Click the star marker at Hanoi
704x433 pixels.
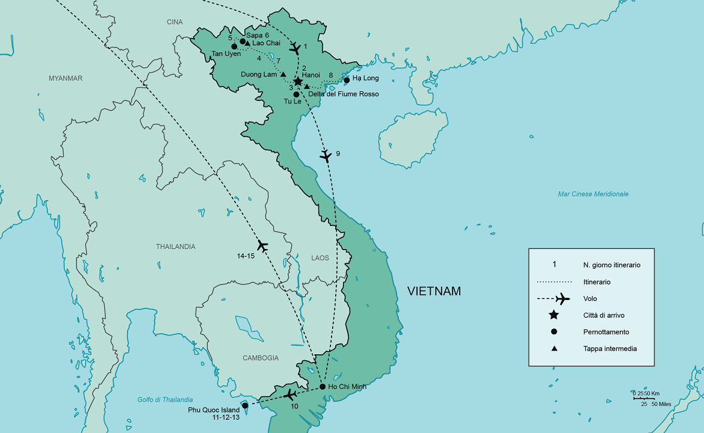pyautogui.click(x=297, y=81)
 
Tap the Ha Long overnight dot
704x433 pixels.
pyautogui.click(x=347, y=80)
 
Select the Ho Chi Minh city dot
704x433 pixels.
pyautogui.click(x=323, y=386)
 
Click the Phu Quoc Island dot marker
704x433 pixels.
pyautogui.click(x=245, y=405)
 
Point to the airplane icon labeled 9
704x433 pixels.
pyautogui.click(x=326, y=156)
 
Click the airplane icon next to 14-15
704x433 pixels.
pyautogui.click(x=262, y=245)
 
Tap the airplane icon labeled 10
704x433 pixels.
pyautogui.click(x=290, y=395)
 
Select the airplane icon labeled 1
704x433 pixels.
pyautogui.click(x=295, y=49)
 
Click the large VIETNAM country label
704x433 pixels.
pyautogui.click(x=434, y=292)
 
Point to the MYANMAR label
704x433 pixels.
pyautogui.click(x=66, y=78)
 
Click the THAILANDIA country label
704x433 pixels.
pyautogui.click(x=176, y=247)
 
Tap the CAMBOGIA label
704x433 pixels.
pyautogui.click(x=261, y=358)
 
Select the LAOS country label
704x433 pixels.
pyautogui.click(x=320, y=258)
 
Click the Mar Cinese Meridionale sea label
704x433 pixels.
pyautogui.click(x=593, y=194)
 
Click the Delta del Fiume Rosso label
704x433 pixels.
pyautogui.click(x=344, y=94)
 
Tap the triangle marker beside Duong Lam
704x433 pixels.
pyautogui.click(x=283, y=75)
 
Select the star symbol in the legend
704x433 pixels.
pyautogui.click(x=554, y=315)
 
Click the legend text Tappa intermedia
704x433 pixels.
pyautogui.click(x=610, y=349)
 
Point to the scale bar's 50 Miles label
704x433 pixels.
pyautogui.click(x=660, y=404)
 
